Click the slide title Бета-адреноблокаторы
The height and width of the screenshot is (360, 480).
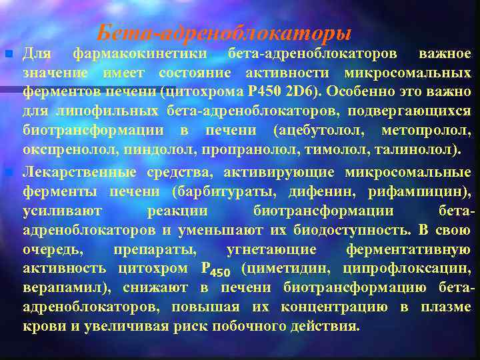tap(223, 32)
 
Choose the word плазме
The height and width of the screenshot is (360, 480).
tap(446, 307)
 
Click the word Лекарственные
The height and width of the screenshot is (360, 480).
tap(79, 173)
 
